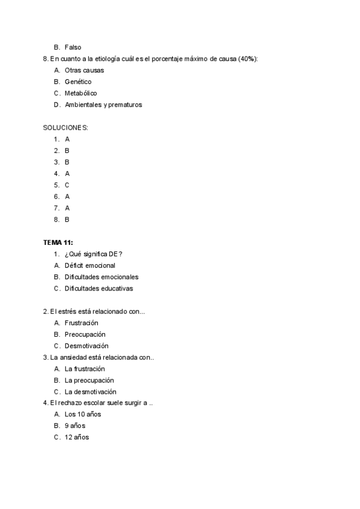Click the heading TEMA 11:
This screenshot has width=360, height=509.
(58, 242)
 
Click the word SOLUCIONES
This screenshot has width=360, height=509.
(65, 128)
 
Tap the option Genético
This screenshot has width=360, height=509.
(78, 82)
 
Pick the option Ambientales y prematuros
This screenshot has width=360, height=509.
(103, 104)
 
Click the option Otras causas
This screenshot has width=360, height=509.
(84, 70)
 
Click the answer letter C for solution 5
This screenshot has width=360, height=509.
(67, 185)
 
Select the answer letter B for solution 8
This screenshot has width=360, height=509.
(67, 220)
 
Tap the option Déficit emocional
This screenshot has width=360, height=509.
(89, 265)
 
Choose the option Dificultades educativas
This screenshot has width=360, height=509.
(98, 288)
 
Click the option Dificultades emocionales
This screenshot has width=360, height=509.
(101, 277)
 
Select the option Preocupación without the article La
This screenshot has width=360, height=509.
(85, 334)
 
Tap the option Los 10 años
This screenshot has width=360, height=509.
(83, 415)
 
